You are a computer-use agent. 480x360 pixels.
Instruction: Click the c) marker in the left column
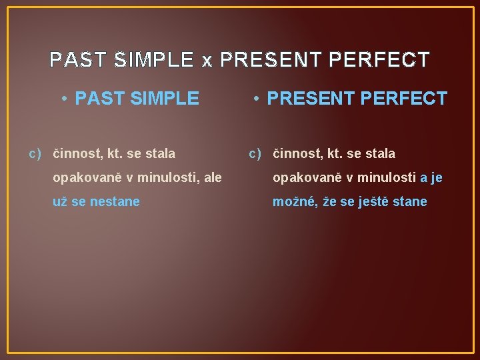pos(35,154)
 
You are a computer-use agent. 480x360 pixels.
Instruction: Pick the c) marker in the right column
pos(255,154)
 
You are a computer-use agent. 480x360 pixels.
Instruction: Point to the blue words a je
pos(431,178)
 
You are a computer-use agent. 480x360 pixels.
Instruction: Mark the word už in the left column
pos(60,201)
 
